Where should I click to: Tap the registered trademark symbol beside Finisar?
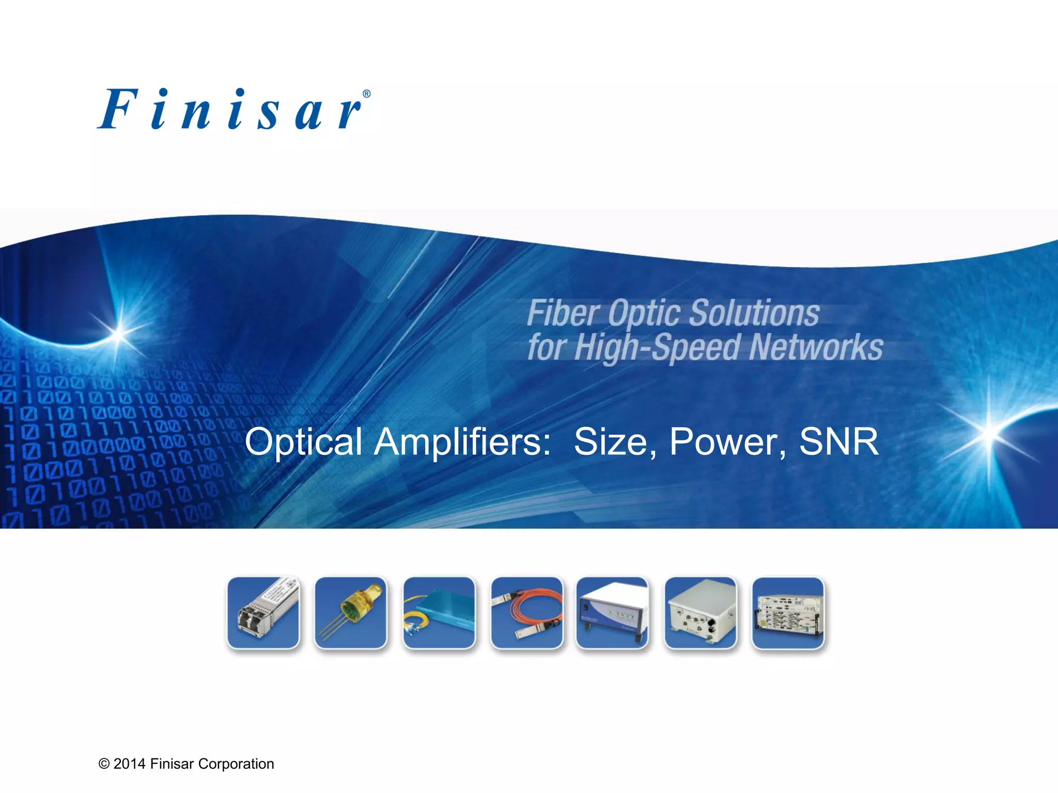pos(366,94)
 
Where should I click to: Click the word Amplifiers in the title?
pos(462,442)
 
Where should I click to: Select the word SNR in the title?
pos(838,442)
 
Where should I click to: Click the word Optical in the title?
pos(303,443)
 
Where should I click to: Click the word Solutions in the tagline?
pos(754,313)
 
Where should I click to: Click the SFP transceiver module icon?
pos(263,613)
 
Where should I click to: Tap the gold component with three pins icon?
pos(351,613)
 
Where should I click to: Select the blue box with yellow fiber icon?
pos(439,613)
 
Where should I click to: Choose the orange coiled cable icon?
pos(527,613)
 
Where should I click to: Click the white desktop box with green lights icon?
pos(612,613)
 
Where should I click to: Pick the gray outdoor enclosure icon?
pos(701,613)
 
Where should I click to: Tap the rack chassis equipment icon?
pos(788,613)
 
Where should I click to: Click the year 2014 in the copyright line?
pos(130,764)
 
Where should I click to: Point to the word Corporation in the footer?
pos(236,764)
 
